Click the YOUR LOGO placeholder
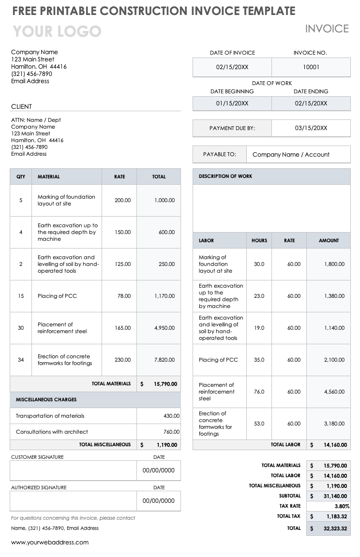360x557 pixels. pyautogui.click(x=57, y=32)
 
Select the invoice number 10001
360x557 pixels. pyautogui.click(x=311, y=67)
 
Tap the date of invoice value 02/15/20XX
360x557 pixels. pyautogui.click(x=232, y=67)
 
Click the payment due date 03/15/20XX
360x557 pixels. pyautogui.click(x=311, y=128)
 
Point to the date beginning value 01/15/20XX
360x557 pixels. pyautogui.click(x=232, y=103)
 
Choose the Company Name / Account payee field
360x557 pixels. pyautogui.click(x=291, y=155)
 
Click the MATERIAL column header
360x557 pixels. pyautogui.click(x=49, y=177)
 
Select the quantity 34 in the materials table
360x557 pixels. pyautogui.click(x=21, y=360)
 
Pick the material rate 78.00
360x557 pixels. pyautogui.click(x=124, y=296)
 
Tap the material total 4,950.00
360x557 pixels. pyautogui.click(x=165, y=328)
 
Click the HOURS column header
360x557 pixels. pyautogui.click(x=259, y=241)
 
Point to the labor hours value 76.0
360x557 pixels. pyautogui.click(x=259, y=392)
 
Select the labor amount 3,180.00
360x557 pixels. pyautogui.click(x=334, y=424)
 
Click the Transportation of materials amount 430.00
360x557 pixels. pyautogui.click(x=171, y=416)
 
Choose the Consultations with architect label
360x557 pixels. pyautogui.click(x=52, y=432)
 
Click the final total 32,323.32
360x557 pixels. pyautogui.click(x=335, y=528)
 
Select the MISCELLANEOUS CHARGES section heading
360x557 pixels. pyautogui.click(x=46, y=400)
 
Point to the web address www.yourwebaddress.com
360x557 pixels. pyautogui.click(x=50, y=542)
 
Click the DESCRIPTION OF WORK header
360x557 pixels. pyautogui.click(x=225, y=176)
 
